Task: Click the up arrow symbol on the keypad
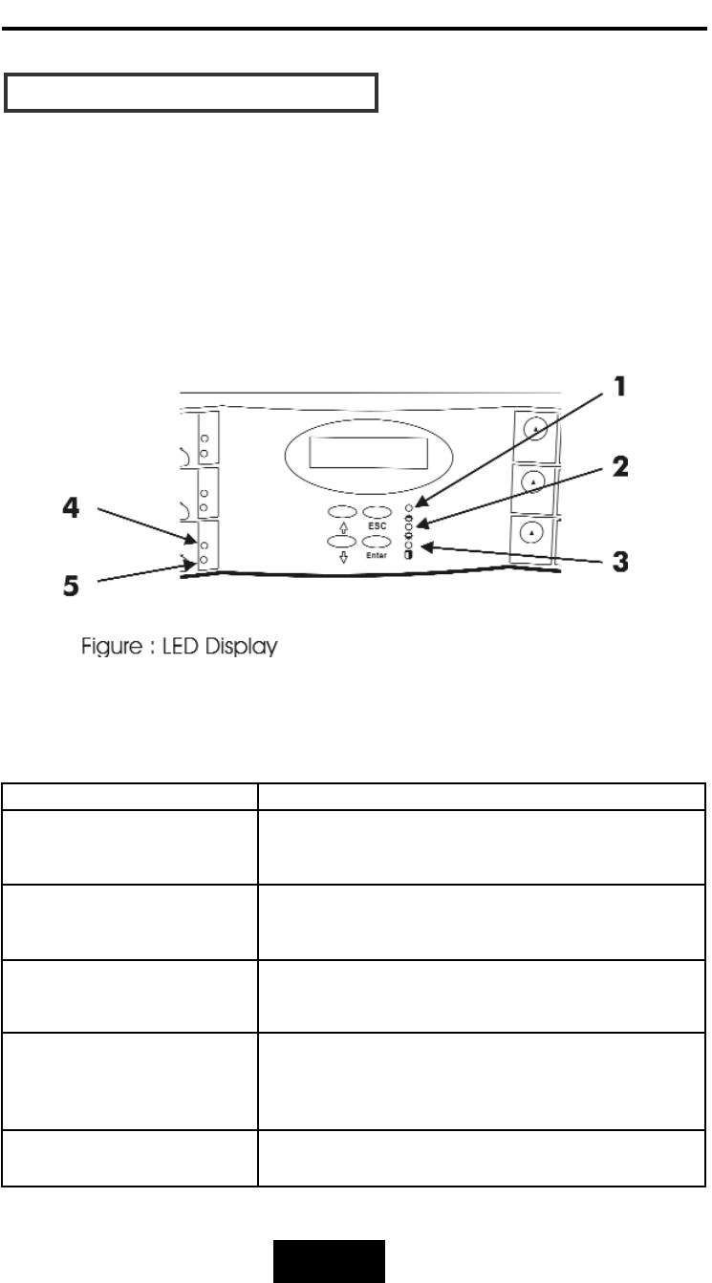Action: click(341, 525)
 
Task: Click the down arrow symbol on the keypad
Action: click(341, 556)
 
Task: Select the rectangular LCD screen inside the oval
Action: click(369, 453)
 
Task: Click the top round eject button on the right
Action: click(536, 430)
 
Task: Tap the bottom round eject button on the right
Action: click(536, 531)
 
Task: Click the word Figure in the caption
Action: click(104, 648)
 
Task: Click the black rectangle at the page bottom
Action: click(331, 1260)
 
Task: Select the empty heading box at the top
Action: click(192, 92)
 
